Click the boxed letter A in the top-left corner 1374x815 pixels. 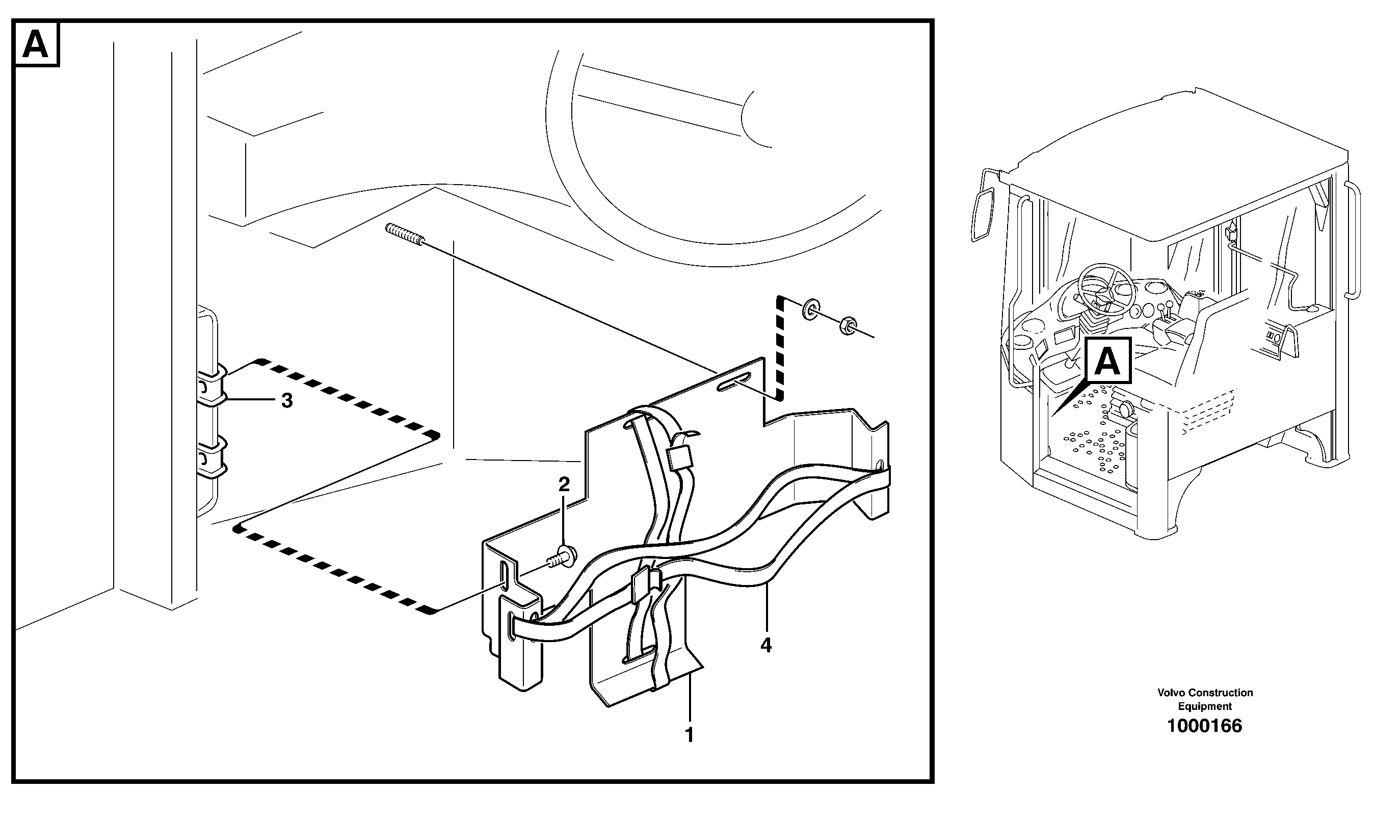click(36, 44)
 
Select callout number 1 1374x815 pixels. click(689, 735)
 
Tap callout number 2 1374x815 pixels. click(564, 484)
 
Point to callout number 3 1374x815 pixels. click(286, 401)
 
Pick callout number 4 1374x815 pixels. click(766, 645)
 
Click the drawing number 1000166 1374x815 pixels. click(1204, 726)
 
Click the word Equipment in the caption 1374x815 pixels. click(1205, 706)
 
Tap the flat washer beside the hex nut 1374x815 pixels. click(810, 310)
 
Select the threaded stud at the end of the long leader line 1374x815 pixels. click(405, 235)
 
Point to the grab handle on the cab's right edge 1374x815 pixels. click(1355, 242)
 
